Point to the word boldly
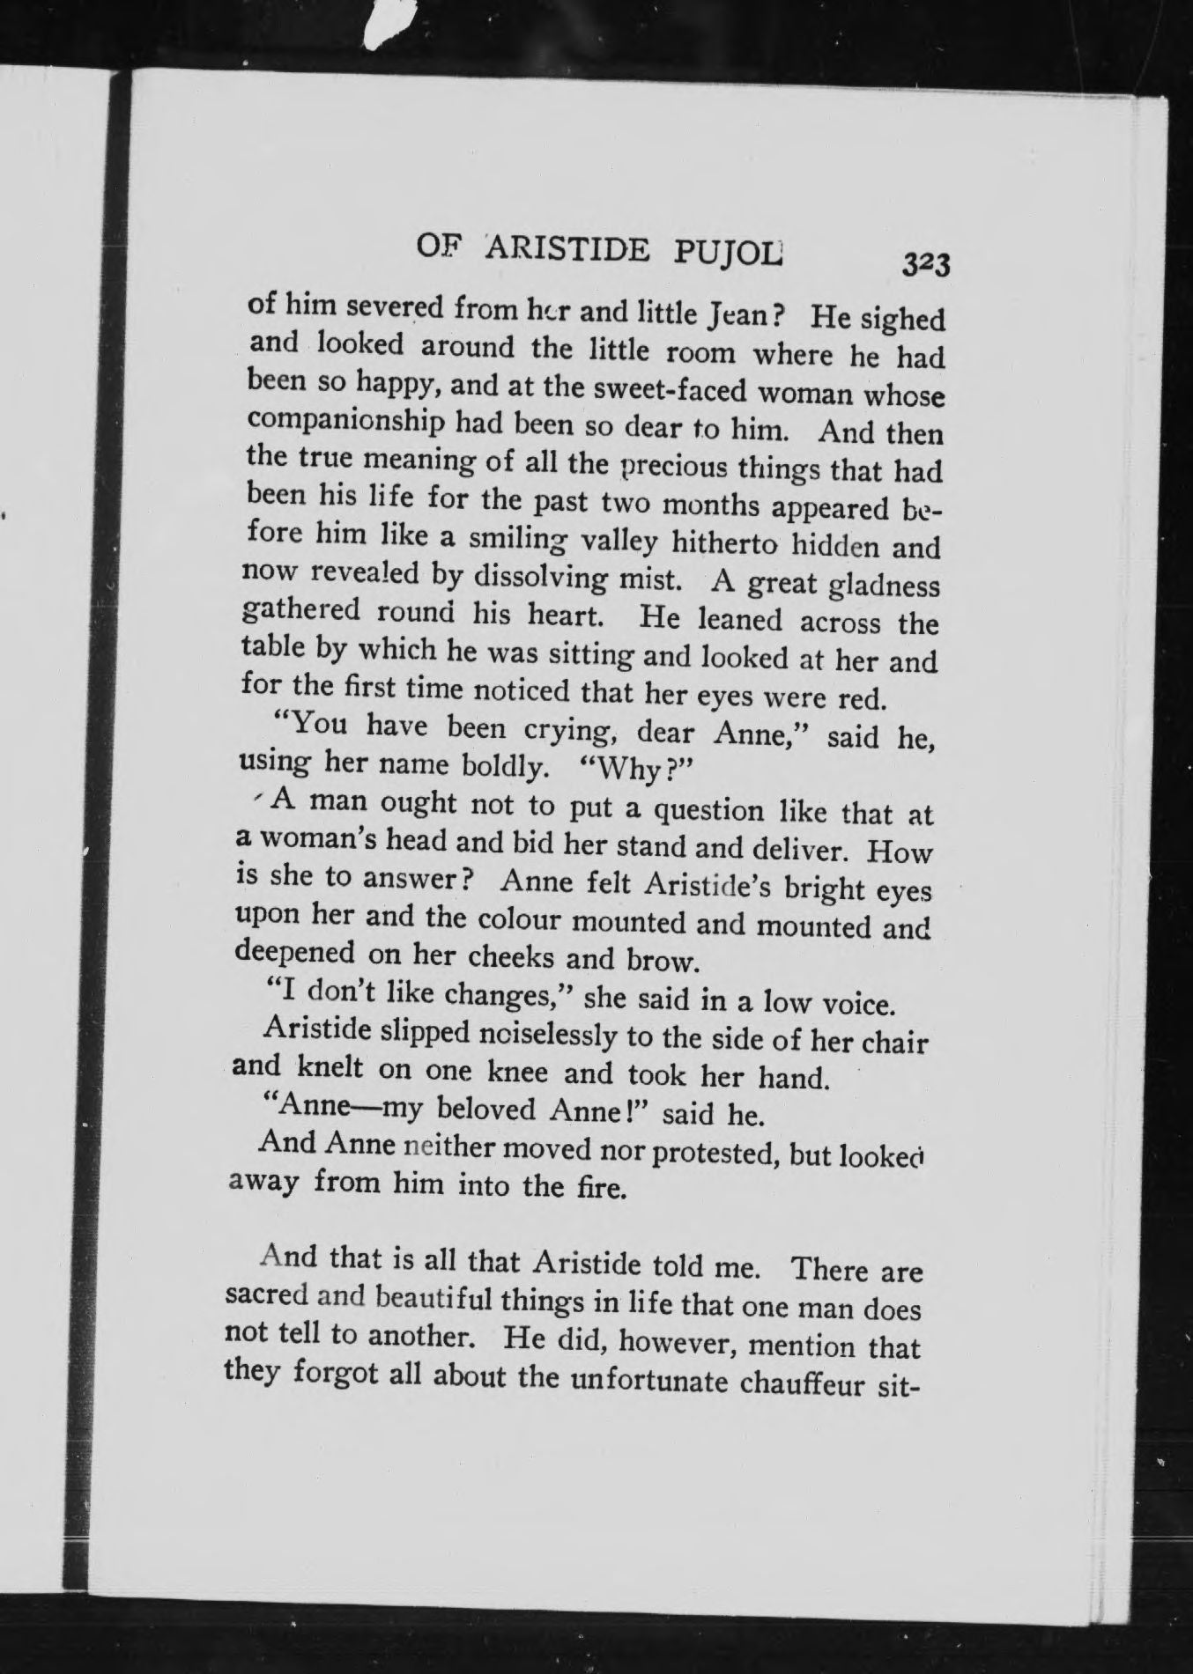[x=500, y=767]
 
